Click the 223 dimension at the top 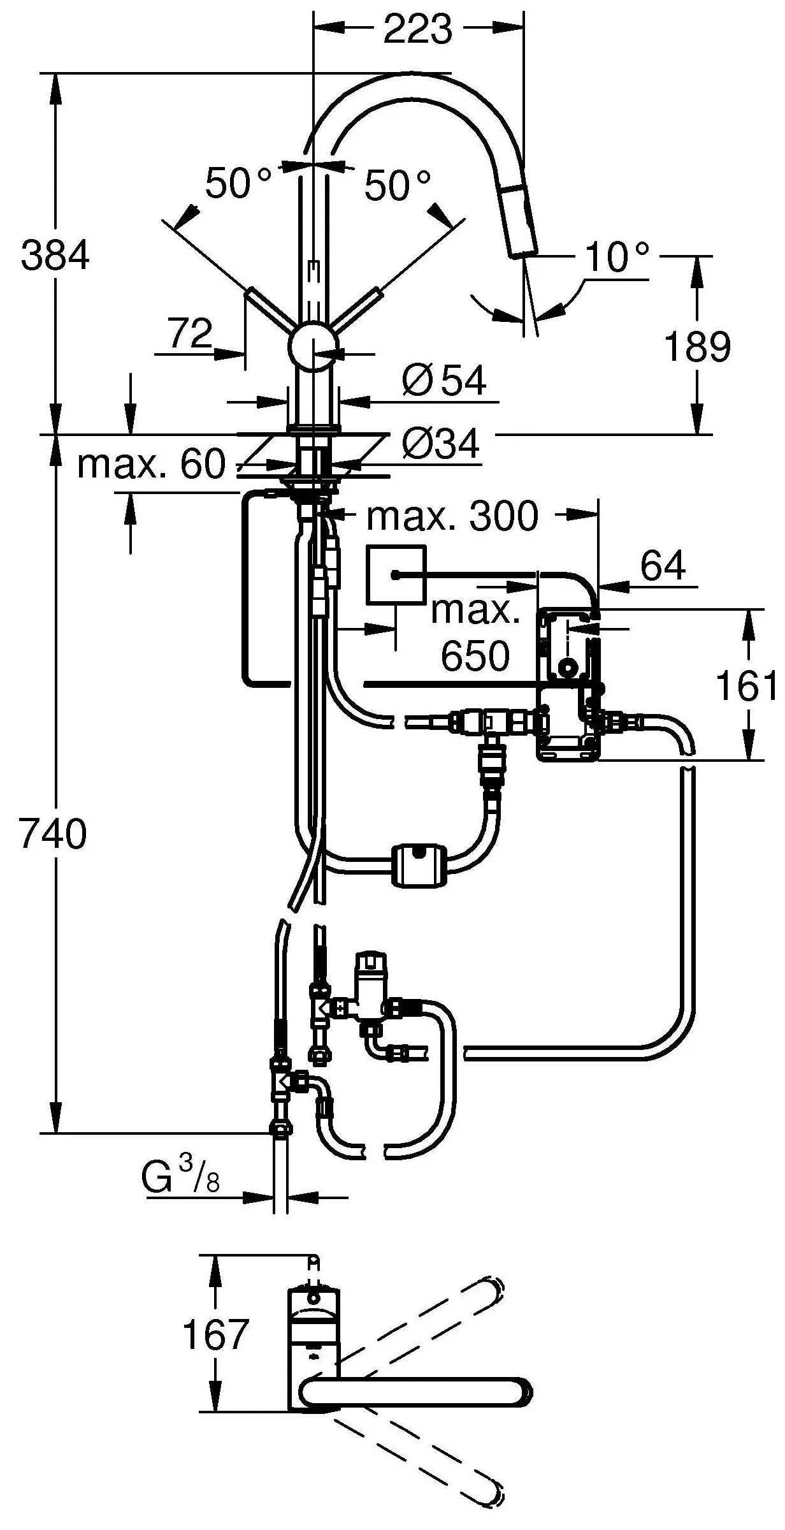coord(417,29)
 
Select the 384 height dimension coord(55,255)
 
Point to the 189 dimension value coord(697,347)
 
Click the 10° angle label coord(616,258)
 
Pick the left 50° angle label coord(238,184)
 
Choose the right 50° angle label coord(397,186)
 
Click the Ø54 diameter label coord(445,381)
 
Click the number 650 coord(475,655)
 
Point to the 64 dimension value coord(663,565)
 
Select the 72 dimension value coord(191,333)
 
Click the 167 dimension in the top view coord(215,1334)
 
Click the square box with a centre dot coord(396,574)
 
